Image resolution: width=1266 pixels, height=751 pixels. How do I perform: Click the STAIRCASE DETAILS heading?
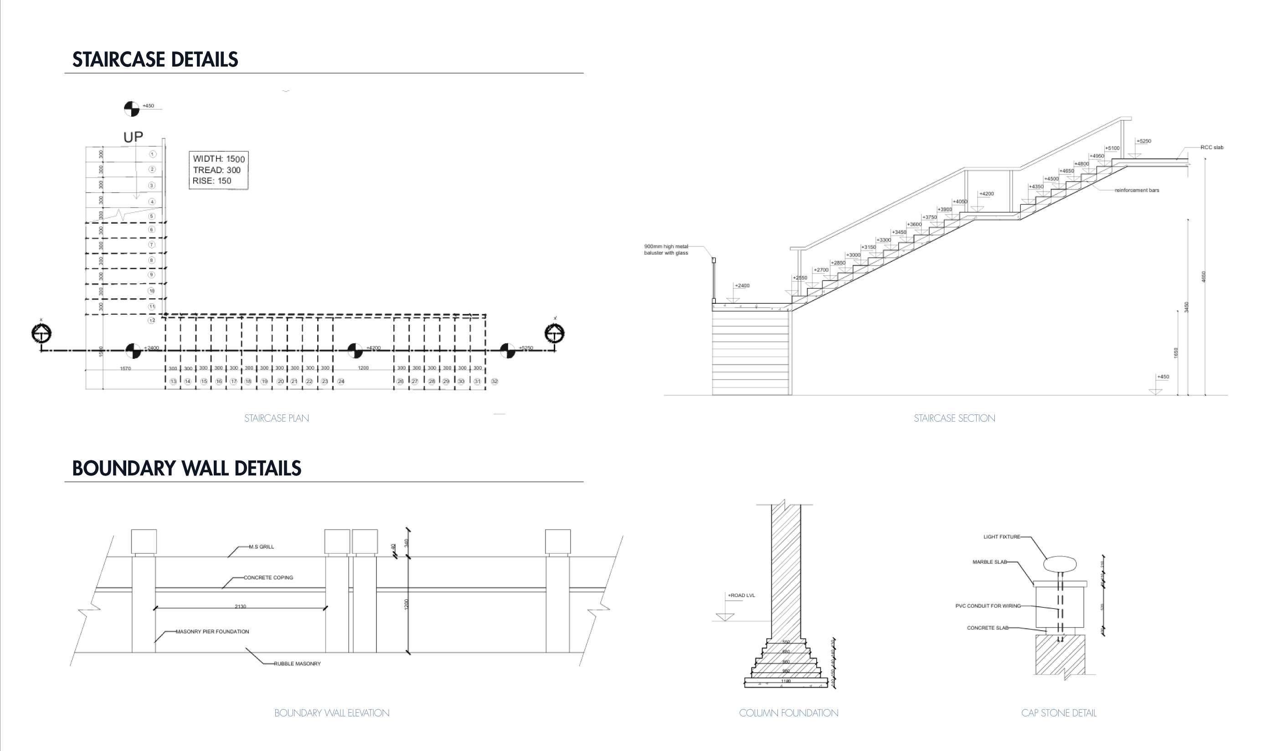155,60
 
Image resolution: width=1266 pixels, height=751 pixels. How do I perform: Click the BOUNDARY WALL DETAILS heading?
186,468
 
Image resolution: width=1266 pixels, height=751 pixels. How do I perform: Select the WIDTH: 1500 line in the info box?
218,159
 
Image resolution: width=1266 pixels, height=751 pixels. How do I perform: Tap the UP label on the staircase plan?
133,137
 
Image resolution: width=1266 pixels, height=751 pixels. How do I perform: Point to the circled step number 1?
152,154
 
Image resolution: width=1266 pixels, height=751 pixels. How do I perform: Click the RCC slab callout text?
1211,147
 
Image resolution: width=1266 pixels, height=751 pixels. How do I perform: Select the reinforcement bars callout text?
1137,190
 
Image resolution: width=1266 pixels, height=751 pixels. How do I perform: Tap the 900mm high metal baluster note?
666,250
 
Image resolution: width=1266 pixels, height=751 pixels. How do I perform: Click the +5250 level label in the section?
1143,141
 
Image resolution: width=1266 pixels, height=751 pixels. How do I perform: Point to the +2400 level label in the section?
742,286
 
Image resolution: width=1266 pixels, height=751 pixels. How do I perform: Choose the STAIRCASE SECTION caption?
954,418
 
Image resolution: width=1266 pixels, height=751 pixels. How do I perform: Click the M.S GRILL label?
261,547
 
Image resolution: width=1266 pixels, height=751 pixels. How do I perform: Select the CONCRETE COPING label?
268,577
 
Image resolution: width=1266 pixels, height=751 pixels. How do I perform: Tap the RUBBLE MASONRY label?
297,664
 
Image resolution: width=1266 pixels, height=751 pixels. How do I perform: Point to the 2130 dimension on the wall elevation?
241,606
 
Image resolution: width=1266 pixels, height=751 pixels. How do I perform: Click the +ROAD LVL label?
741,595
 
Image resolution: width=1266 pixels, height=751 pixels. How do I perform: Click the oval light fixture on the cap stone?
1060,564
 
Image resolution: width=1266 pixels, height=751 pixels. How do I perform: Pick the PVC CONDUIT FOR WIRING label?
988,606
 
